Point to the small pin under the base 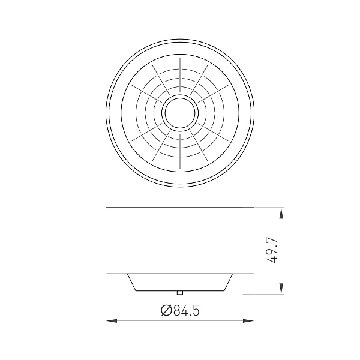[x=179, y=292]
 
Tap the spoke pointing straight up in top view [x=179, y=76]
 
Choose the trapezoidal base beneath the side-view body [x=180, y=282]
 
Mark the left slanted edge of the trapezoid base [x=131, y=282]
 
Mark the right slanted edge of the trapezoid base [x=229, y=282]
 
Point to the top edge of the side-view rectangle [x=180, y=208]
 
